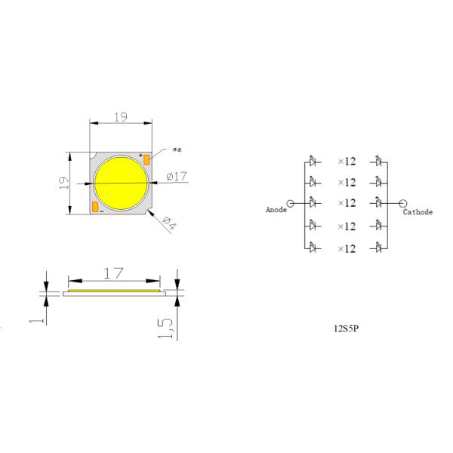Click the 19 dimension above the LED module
tap(120, 117)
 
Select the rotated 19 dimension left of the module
tap(64, 183)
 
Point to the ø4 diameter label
tap(169, 224)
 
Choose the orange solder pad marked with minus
tap(94, 207)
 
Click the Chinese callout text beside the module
tap(179, 148)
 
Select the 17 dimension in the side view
tap(114, 274)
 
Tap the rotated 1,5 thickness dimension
tap(171, 326)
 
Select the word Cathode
tap(418, 212)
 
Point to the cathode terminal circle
tap(402, 203)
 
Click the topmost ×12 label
tap(346, 162)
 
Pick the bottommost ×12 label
tap(346, 248)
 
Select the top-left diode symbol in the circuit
tap(314, 161)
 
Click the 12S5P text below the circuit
tap(346, 330)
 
